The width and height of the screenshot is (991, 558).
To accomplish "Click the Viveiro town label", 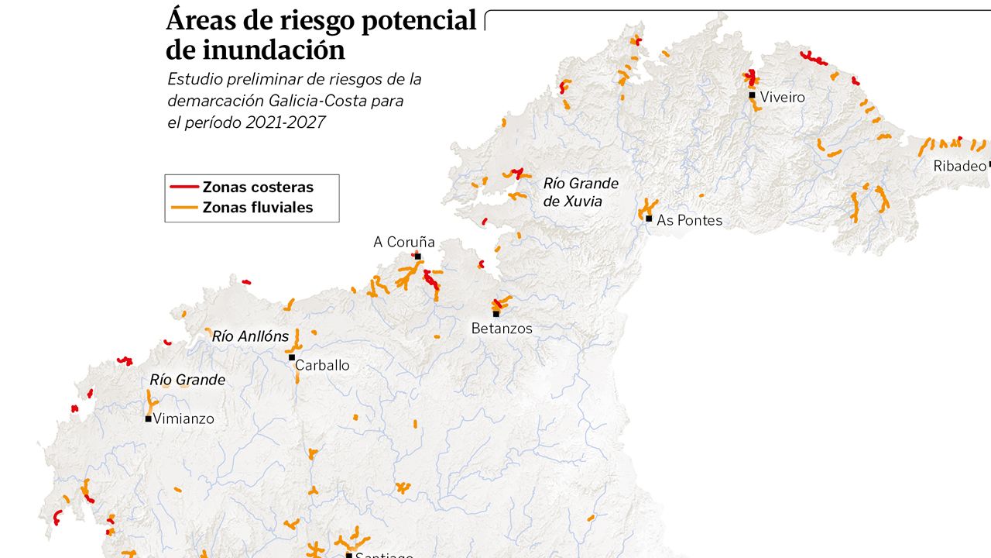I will (x=782, y=98).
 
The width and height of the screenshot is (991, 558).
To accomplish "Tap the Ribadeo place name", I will (x=959, y=166).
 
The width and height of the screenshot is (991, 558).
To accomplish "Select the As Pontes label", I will (x=689, y=221).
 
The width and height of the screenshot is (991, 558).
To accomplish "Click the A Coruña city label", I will (x=403, y=243).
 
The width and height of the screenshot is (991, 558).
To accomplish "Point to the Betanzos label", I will (x=502, y=329).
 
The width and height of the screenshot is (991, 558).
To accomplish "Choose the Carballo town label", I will (x=322, y=365).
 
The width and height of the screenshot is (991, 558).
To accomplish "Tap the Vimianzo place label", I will (x=183, y=418).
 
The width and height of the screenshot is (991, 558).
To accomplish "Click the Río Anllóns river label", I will (x=250, y=336).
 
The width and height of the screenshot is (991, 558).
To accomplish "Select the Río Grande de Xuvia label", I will (x=581, y=192).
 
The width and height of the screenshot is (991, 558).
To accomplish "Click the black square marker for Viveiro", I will (x=752, y=95).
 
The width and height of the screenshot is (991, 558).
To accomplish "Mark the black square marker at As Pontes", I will (x=649, y=219).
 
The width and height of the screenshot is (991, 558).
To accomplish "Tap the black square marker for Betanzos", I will (x=496, y=314).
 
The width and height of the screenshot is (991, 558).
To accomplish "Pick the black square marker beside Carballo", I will (x=292, y=357).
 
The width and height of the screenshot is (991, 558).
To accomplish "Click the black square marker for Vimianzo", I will (x=148, y=418).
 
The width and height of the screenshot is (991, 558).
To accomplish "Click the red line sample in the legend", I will (x=183, y=187).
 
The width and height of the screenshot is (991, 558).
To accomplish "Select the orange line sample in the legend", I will (x=183, y=207).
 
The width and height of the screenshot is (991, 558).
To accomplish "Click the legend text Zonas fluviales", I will (x=258, y=207).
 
